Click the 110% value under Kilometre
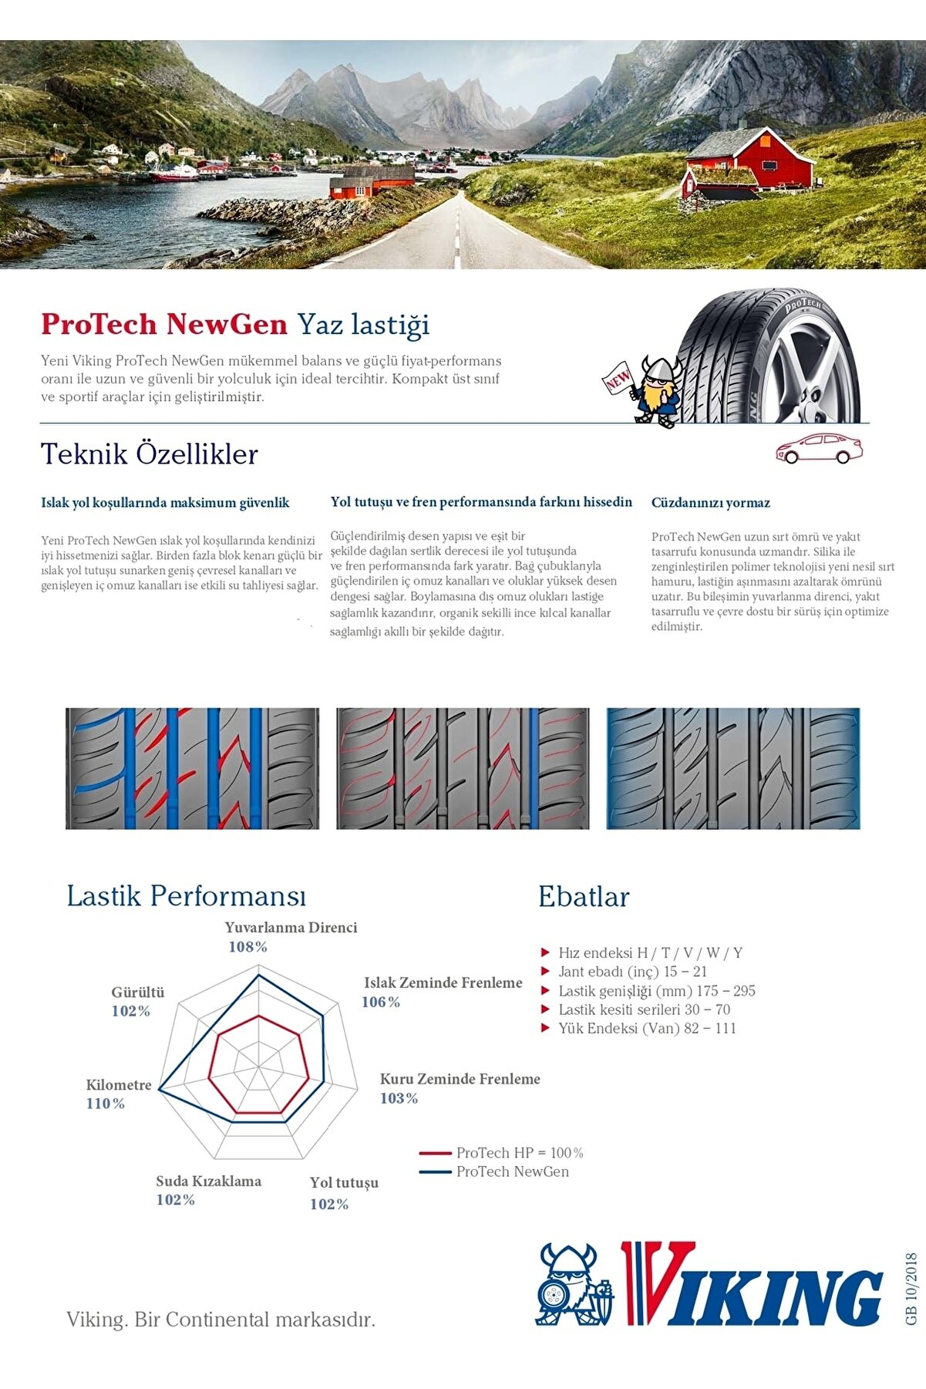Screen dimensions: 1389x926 [106, 1104]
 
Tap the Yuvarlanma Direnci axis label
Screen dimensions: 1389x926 [291, 928]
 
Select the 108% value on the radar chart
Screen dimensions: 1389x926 [247, 947]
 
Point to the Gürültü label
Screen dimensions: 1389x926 [138, 993]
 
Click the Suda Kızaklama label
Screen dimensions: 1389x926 [208, 1182]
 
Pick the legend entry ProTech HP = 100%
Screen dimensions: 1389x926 [519, 1153]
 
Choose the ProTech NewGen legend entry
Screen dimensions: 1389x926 [512, 1172]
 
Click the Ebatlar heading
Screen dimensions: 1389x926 [584, 897]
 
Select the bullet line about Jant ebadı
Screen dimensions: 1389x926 [632, 972]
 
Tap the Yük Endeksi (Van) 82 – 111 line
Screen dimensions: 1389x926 [647, 1028]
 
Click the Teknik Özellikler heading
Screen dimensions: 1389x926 [149, 454]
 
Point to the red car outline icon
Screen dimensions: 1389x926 [819, 448]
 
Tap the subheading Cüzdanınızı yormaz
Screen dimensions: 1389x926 [710, 503]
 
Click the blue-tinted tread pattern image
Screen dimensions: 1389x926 [732, 768]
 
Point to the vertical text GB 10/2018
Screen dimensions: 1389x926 [912, 1289]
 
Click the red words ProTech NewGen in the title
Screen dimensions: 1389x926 [164, 324]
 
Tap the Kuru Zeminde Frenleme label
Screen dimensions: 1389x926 [460, 1079]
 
